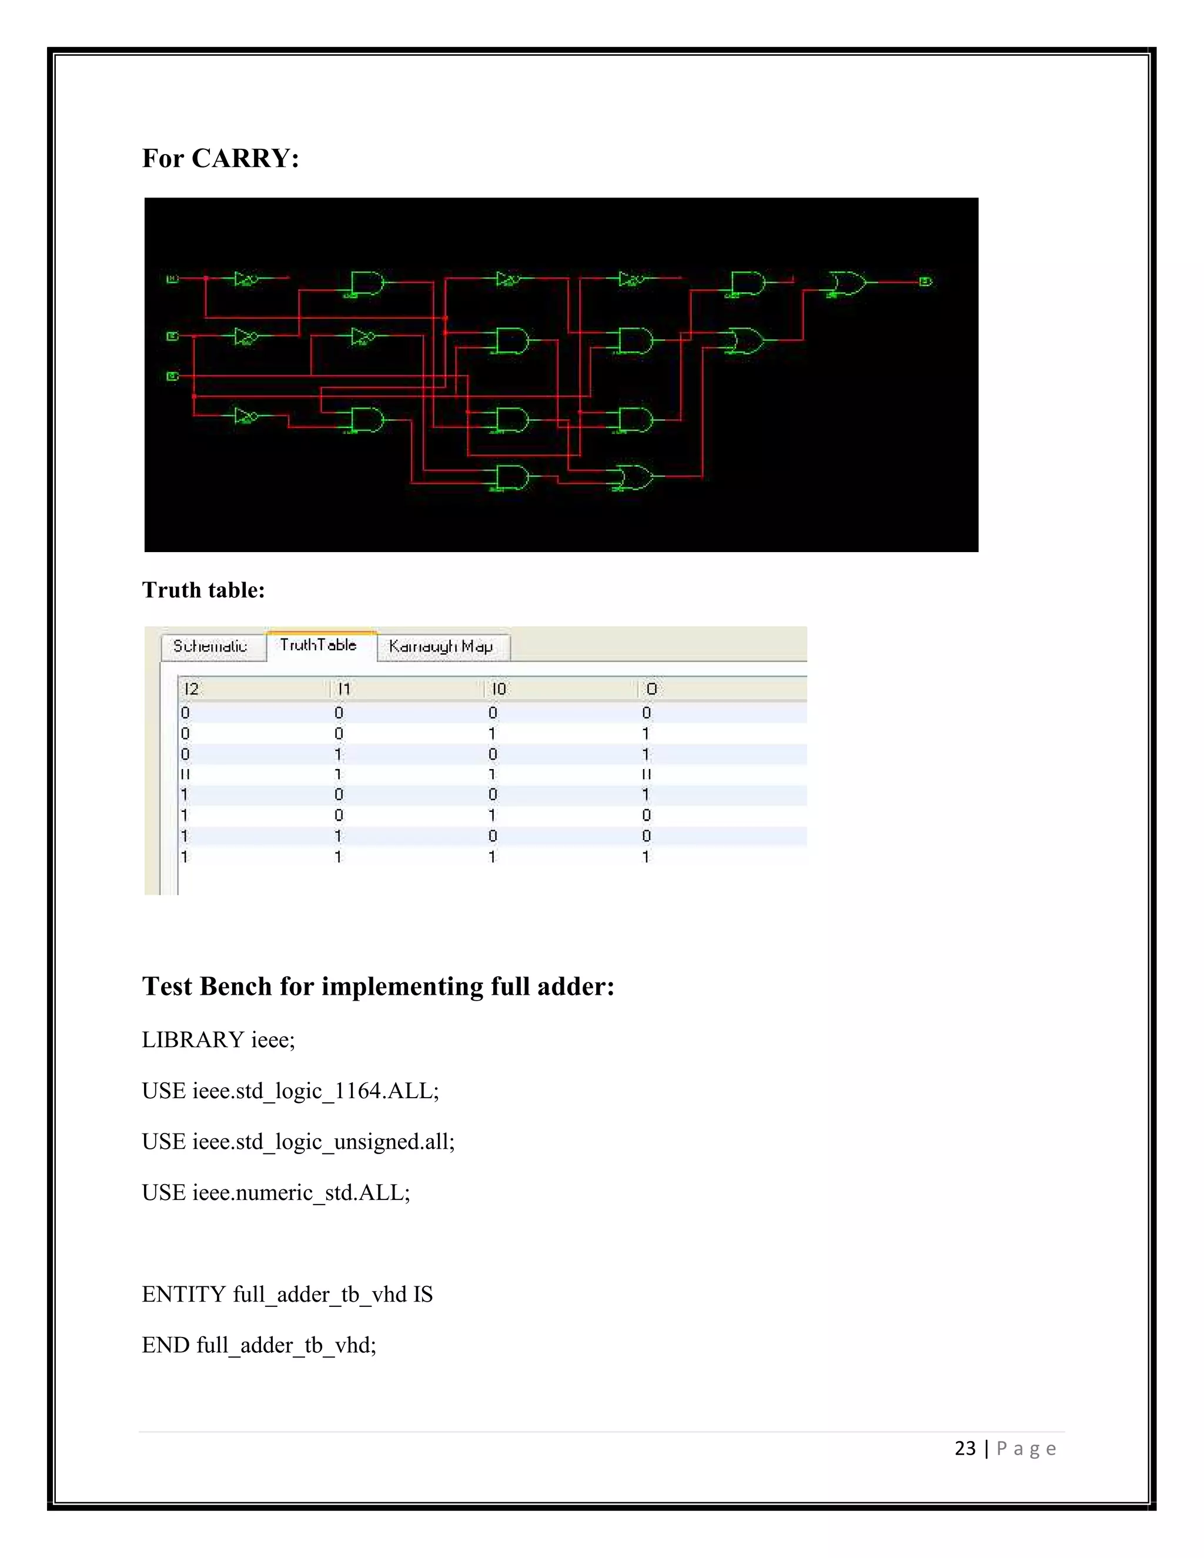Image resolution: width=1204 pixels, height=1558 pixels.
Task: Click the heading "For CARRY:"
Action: point(220,158)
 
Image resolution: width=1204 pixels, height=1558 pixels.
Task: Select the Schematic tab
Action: point(210,646)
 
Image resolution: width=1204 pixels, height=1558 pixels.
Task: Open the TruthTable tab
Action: point(318,645)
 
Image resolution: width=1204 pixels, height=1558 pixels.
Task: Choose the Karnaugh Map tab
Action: point(441,646)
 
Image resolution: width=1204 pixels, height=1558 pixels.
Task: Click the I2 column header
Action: point(191,689)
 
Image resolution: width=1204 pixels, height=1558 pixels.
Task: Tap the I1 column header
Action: point(345,689)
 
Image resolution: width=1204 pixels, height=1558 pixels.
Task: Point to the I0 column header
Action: point(499,689)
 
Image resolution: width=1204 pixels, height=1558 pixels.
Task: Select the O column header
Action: point(651,689)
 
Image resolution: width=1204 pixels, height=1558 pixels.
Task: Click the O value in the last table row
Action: point(646,857)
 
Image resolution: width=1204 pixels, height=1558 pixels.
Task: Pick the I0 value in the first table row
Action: point(492,713)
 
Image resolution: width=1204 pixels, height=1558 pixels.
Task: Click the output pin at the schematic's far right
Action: point(925,281)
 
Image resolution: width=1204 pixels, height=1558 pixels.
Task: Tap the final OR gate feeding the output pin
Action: point(847,283)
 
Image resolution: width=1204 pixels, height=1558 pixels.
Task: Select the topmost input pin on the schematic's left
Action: point(172,278)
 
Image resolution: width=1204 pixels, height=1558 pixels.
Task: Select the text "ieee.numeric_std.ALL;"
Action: point(301,1193)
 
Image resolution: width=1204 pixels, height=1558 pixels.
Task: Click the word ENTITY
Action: point(184,1295)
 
